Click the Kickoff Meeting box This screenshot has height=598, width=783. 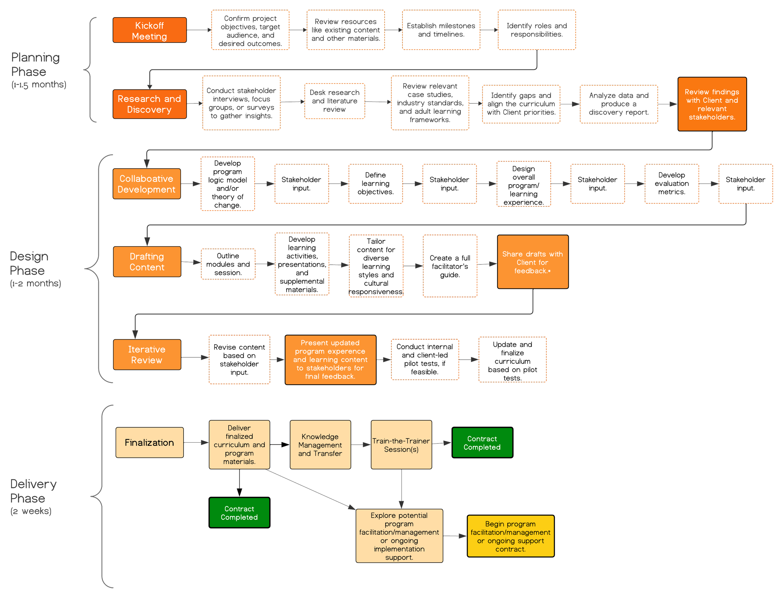(149, 30)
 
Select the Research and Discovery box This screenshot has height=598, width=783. (149, 104)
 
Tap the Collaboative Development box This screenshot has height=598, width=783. (147, 184)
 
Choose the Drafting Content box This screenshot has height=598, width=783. (147, 262)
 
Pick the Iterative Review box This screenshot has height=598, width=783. (147, 355)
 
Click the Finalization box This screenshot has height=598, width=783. (149, 442)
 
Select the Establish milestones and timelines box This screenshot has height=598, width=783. (441, 30)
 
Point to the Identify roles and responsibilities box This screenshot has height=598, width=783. (537, 30)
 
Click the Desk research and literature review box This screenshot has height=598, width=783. (334, 101)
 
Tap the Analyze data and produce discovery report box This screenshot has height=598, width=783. (619, 104)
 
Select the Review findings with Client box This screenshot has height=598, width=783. (712, 104)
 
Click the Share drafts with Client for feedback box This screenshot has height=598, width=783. (532, 262)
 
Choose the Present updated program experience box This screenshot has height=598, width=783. (330, 360)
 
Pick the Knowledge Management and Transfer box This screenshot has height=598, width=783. (320, 445)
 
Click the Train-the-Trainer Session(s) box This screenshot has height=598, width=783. (401, 445)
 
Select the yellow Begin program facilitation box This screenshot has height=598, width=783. (511, 536)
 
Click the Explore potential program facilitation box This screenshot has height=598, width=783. (399, 536)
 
